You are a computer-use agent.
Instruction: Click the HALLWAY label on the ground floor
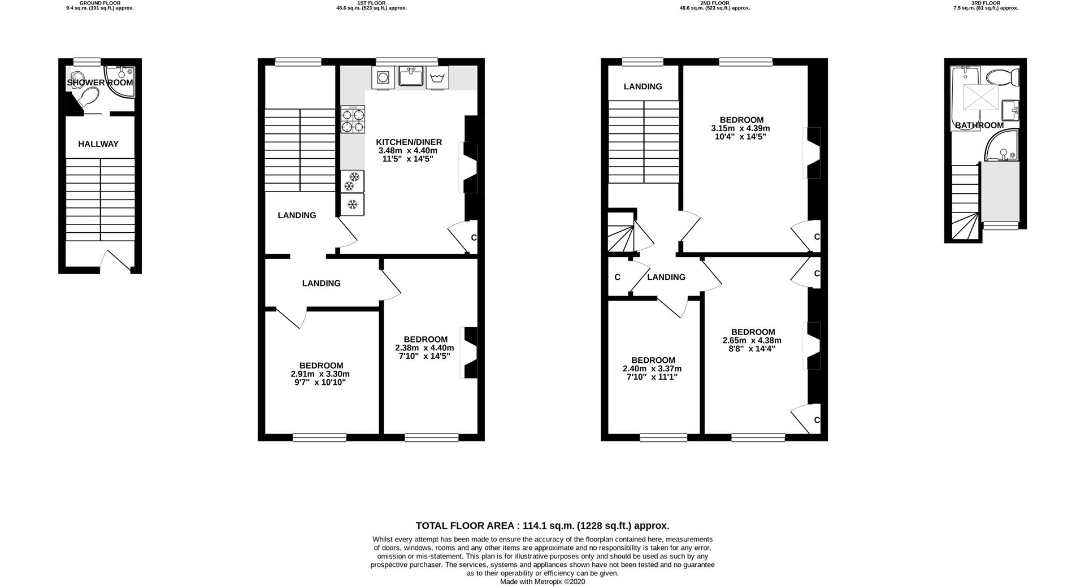[x=98, y=144]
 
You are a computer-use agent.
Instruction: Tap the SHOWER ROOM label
[x=100, y=83]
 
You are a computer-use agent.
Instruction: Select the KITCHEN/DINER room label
[x=409, y=142]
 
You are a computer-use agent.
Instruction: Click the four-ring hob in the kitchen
[x=353, y=120]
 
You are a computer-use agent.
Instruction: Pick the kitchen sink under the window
[x=411, y=76]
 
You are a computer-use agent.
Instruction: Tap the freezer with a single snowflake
[x=352, y=203]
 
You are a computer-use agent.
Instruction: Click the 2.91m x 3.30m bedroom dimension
[x=320, y=374]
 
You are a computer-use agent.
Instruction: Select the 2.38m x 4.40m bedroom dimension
[x=424, y=348]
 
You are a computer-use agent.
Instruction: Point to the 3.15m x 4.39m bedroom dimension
[x=740, y=128]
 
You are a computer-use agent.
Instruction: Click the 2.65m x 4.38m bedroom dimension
[x=752, y=340]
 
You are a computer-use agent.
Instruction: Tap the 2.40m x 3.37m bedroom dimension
[x=652, y=368]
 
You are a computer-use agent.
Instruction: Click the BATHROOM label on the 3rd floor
[x=979, y=125]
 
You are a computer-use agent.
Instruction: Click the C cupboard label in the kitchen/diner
[x=474, y=237]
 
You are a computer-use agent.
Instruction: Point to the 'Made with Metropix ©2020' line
[x=542, y=581]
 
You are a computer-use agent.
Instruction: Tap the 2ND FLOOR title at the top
[x=714, y=3]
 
